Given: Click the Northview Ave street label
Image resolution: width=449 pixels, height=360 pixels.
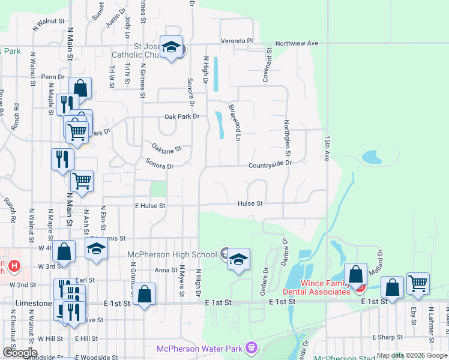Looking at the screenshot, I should [297, 44].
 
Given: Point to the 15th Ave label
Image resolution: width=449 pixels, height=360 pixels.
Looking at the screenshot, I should [328, 148].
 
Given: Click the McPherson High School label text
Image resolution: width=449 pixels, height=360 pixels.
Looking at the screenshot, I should [172, 254].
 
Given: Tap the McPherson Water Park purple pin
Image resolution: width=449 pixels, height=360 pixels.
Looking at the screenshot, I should [251, 347].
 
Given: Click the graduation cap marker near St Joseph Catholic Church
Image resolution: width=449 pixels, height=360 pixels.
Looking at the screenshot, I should [172, 48].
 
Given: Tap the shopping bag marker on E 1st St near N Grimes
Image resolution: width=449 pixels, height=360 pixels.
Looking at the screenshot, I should [145, 294].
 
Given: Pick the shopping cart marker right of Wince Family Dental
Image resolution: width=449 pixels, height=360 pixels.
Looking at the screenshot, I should [418, 283].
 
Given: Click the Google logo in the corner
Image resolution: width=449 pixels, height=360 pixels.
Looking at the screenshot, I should [20, 353].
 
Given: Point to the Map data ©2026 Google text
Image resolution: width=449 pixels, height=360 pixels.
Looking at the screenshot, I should [412, 355].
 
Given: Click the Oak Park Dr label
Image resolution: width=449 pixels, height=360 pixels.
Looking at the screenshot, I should [181, 117].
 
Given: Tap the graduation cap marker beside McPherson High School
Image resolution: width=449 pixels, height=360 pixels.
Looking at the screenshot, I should [239, 259].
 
